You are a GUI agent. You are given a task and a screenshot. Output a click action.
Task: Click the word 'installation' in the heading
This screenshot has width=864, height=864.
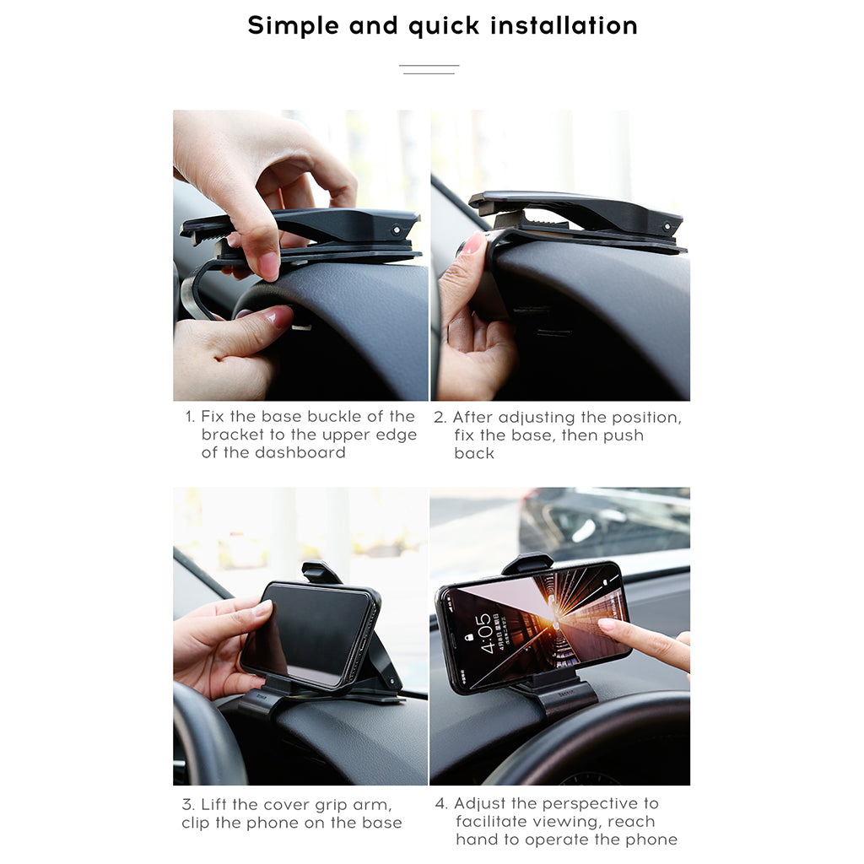pyautogui.click(x=564, y=25)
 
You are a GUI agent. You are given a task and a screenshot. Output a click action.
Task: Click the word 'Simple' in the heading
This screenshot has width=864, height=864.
pyautogui.click(x=294, y=25)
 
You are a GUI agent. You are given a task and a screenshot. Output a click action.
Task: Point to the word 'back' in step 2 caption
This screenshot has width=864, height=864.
pyautogui.click(x=474, y=453)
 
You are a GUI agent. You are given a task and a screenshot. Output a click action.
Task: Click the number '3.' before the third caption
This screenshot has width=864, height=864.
pyautogui.click(x=188, y=804)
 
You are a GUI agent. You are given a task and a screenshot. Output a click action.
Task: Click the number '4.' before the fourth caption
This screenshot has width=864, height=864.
pyautogui.click(x=441, y=804)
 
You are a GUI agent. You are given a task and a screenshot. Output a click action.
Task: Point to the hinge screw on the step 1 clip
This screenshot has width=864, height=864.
pyautogui.click(x=396, y=229)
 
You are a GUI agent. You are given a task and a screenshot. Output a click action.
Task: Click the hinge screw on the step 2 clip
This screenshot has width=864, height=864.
pyautogui.click(x=667, y=226)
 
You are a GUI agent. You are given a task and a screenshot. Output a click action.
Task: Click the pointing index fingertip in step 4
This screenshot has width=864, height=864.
pyautogui.click(x=605, y=625)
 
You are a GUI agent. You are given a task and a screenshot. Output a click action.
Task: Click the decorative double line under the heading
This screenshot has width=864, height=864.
pyautogui.click(x=429, y=69)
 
